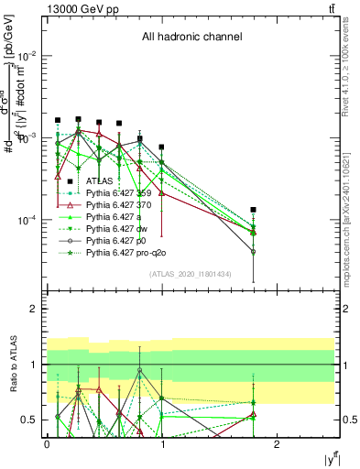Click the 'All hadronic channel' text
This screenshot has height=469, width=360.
coord(191,38)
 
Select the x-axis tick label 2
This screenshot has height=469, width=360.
coord(278,443)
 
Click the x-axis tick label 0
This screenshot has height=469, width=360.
coord(47,443)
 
